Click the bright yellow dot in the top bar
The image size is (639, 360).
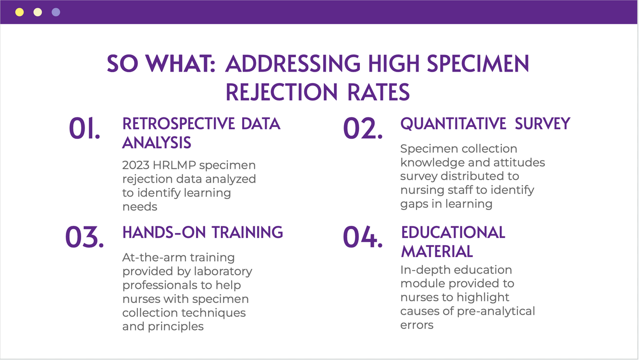19,12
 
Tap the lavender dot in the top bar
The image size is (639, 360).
56,12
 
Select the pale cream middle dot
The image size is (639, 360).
37,12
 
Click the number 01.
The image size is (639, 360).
85,128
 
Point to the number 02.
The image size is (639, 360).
363,128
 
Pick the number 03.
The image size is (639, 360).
85,237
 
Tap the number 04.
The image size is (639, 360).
363,237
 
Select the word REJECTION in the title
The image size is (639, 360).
282,92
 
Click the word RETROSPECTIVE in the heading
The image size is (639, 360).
178,124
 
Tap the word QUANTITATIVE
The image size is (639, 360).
453,124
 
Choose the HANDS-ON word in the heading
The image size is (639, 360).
164,232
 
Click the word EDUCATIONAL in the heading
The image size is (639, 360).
453,233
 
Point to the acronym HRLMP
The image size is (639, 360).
174,165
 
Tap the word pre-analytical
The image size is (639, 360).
496,311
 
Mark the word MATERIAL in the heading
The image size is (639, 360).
437,252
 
